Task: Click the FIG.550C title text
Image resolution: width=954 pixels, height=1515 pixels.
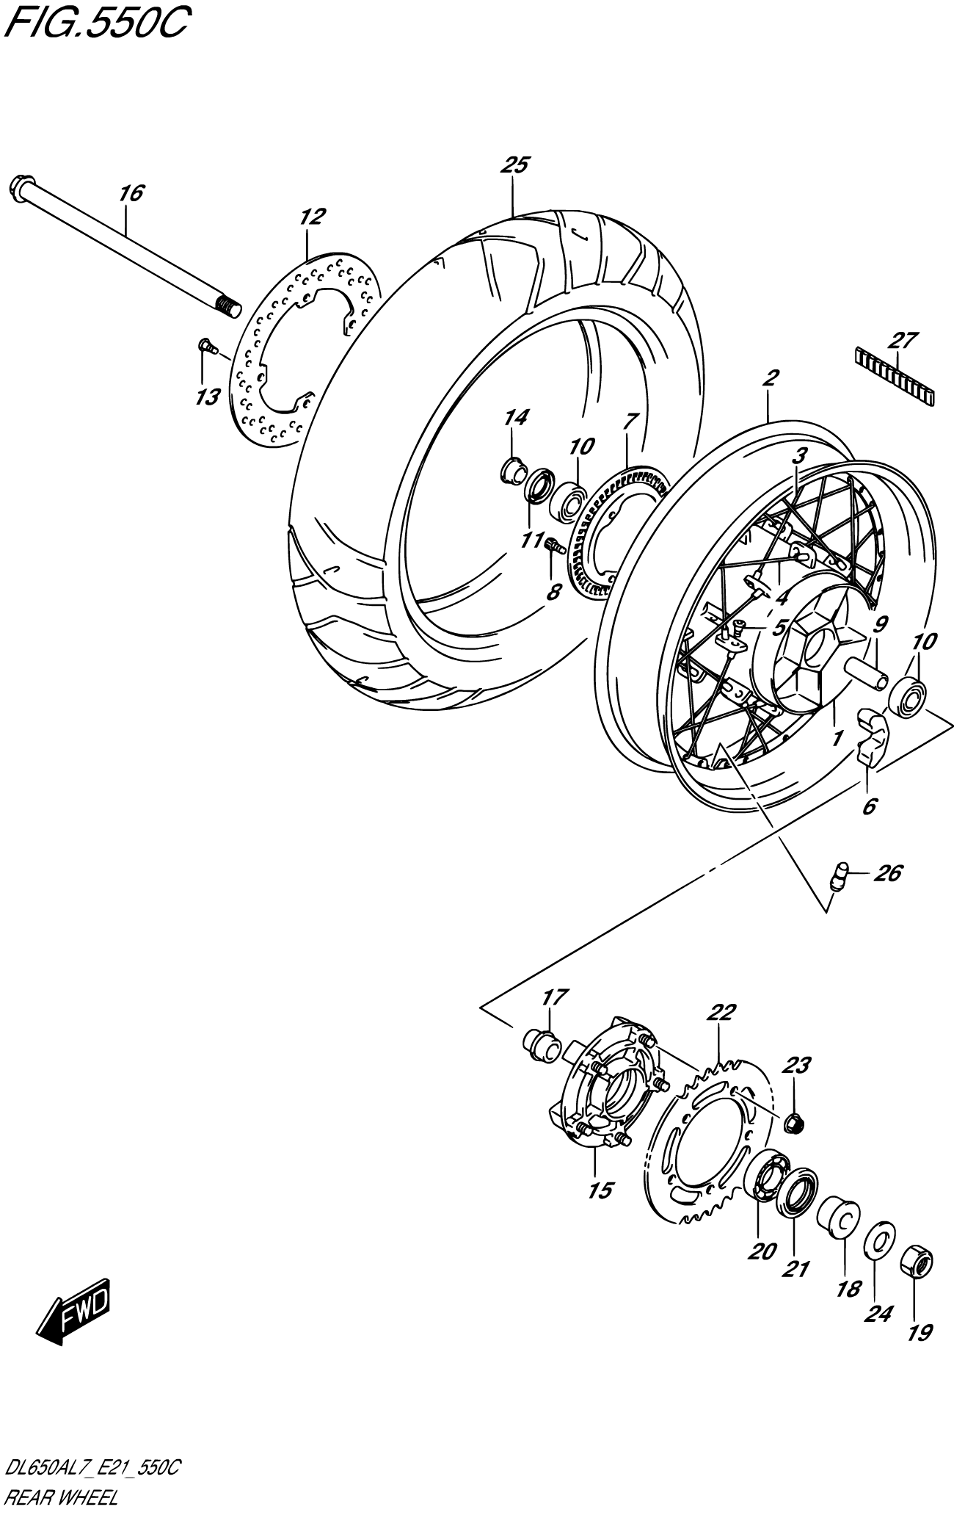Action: coord(96,23)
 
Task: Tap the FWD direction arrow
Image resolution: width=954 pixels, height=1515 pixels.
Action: coord(73,1319)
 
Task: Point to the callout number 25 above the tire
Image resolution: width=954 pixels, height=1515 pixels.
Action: coord(515,165)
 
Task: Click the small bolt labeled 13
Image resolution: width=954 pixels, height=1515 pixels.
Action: coord(206,346)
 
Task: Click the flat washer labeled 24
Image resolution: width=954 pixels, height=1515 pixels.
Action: coord(879,1240)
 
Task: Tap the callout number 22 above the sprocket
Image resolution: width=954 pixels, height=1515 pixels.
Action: coord(721,1013)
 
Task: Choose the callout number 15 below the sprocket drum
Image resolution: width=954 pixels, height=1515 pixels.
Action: coord(600,1191)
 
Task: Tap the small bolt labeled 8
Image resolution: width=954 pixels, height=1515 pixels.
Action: coord(553,545)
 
